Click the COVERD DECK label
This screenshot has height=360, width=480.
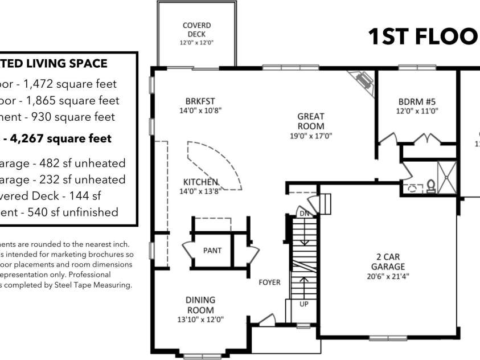[x=196, y=30]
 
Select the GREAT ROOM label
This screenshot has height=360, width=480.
[x=311, y=121]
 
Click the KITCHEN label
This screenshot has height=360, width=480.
[x=200, y=182]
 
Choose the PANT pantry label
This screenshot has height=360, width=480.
[x=212, y=251]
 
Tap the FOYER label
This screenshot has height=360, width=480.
[x=269, y=283]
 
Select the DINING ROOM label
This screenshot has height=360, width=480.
[x=200, y=305]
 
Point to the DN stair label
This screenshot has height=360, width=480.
[x=305, y=214]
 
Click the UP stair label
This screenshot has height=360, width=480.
[x=304, y=304]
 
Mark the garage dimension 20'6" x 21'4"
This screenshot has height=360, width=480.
[x=388, y=277]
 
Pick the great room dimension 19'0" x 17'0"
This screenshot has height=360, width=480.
[x=311, y=136]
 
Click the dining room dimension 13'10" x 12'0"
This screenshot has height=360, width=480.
[x=200, y=320]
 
